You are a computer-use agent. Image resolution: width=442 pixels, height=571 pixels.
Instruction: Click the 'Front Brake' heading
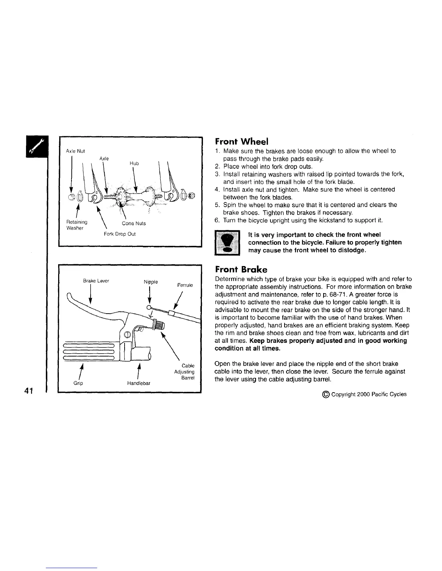241,269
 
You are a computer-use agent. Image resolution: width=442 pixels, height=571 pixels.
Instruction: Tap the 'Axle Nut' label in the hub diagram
75,151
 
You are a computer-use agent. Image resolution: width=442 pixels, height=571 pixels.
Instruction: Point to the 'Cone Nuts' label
136,223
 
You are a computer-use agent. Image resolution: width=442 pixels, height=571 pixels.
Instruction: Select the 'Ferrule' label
185,285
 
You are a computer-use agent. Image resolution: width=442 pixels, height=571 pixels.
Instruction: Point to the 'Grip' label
78,383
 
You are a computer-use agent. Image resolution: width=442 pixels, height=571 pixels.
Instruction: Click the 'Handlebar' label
139,383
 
